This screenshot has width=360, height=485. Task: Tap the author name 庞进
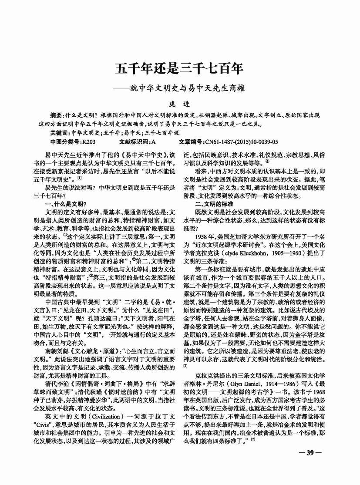(179, 104)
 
